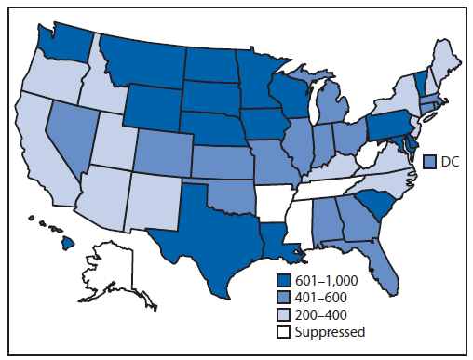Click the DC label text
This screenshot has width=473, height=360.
click(x=446, y=161)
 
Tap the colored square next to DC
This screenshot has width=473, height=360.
click(x=430, y=161)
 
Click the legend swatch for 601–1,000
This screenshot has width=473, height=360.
click(x=284, y=280)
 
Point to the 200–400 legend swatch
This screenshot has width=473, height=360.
click(x=284, y=313)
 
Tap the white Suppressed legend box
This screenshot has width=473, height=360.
click(x=284, y=330)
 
